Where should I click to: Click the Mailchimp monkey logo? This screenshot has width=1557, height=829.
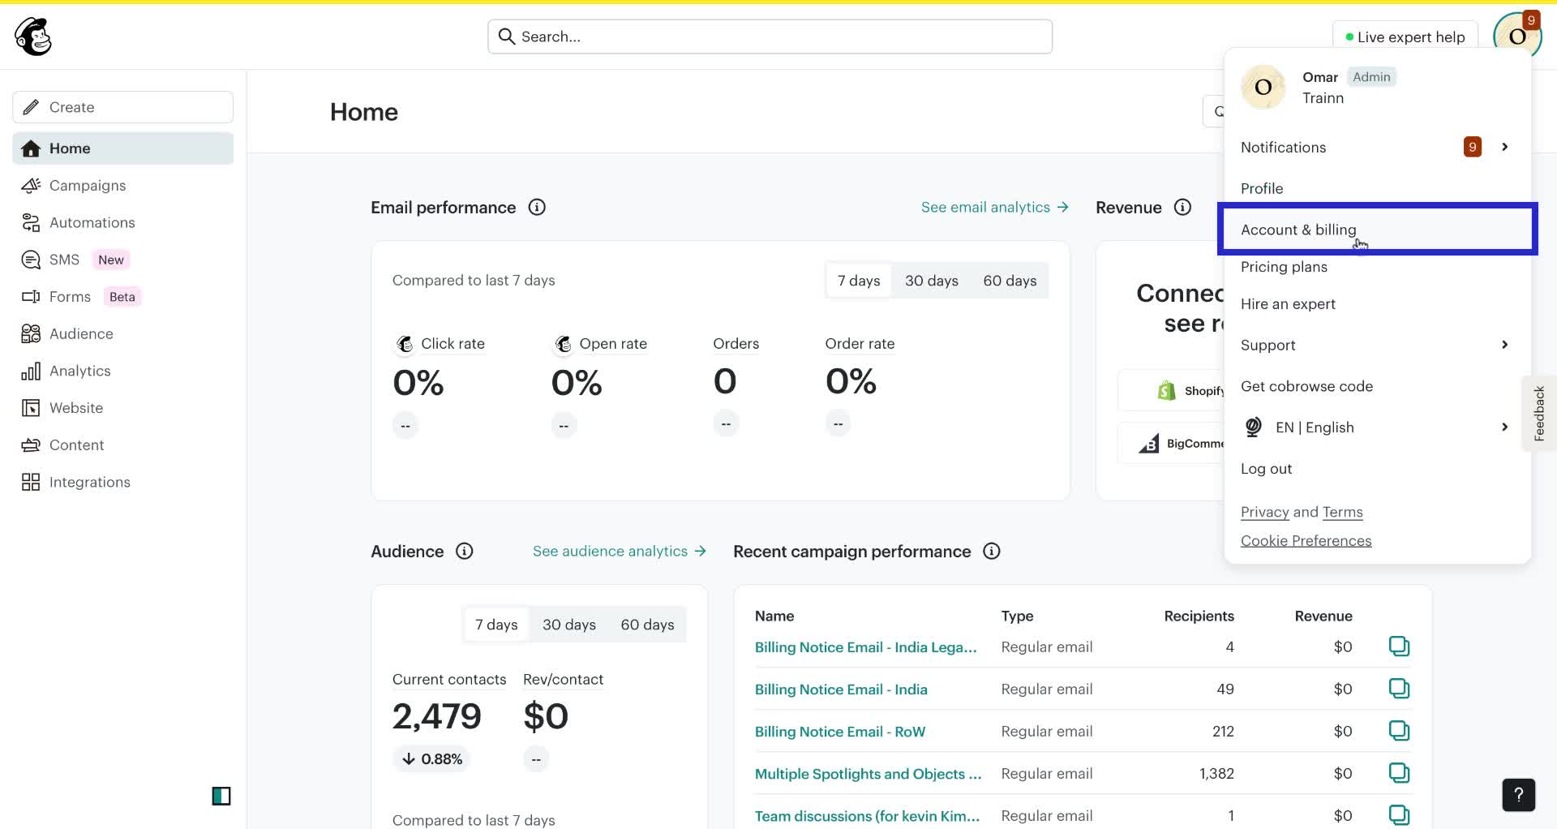(33, 37)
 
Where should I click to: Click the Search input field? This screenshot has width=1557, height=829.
(770, 37)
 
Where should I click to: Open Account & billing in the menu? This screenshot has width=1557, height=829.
(1297, 230)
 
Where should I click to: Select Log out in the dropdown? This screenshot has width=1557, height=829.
(1266, 469)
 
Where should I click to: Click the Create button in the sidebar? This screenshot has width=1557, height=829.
(122, 107)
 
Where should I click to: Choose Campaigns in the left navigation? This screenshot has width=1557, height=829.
(87, 186)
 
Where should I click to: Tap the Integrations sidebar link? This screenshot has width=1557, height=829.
(89, 483)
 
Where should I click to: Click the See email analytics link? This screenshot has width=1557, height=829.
(994, 208)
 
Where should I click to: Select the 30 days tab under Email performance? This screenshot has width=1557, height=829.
(931, 281)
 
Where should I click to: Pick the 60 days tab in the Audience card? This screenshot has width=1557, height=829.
(646, 625)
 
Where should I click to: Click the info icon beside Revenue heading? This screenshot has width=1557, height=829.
(1182, 208)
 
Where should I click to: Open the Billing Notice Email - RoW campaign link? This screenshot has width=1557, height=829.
(839, 732)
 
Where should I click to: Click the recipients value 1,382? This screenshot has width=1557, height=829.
(1216, 774)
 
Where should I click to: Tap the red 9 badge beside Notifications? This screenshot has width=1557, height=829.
(1472, 147)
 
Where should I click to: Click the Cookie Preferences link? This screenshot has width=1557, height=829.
(1306, 541)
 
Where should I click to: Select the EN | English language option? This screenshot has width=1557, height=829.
(1314, 427)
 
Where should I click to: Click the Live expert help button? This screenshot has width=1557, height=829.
(1405, 37)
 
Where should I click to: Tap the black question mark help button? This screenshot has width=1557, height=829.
(1518, 795)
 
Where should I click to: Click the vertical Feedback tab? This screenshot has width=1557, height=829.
(1538, 414)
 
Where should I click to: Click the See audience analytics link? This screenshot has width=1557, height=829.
(619, 552)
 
